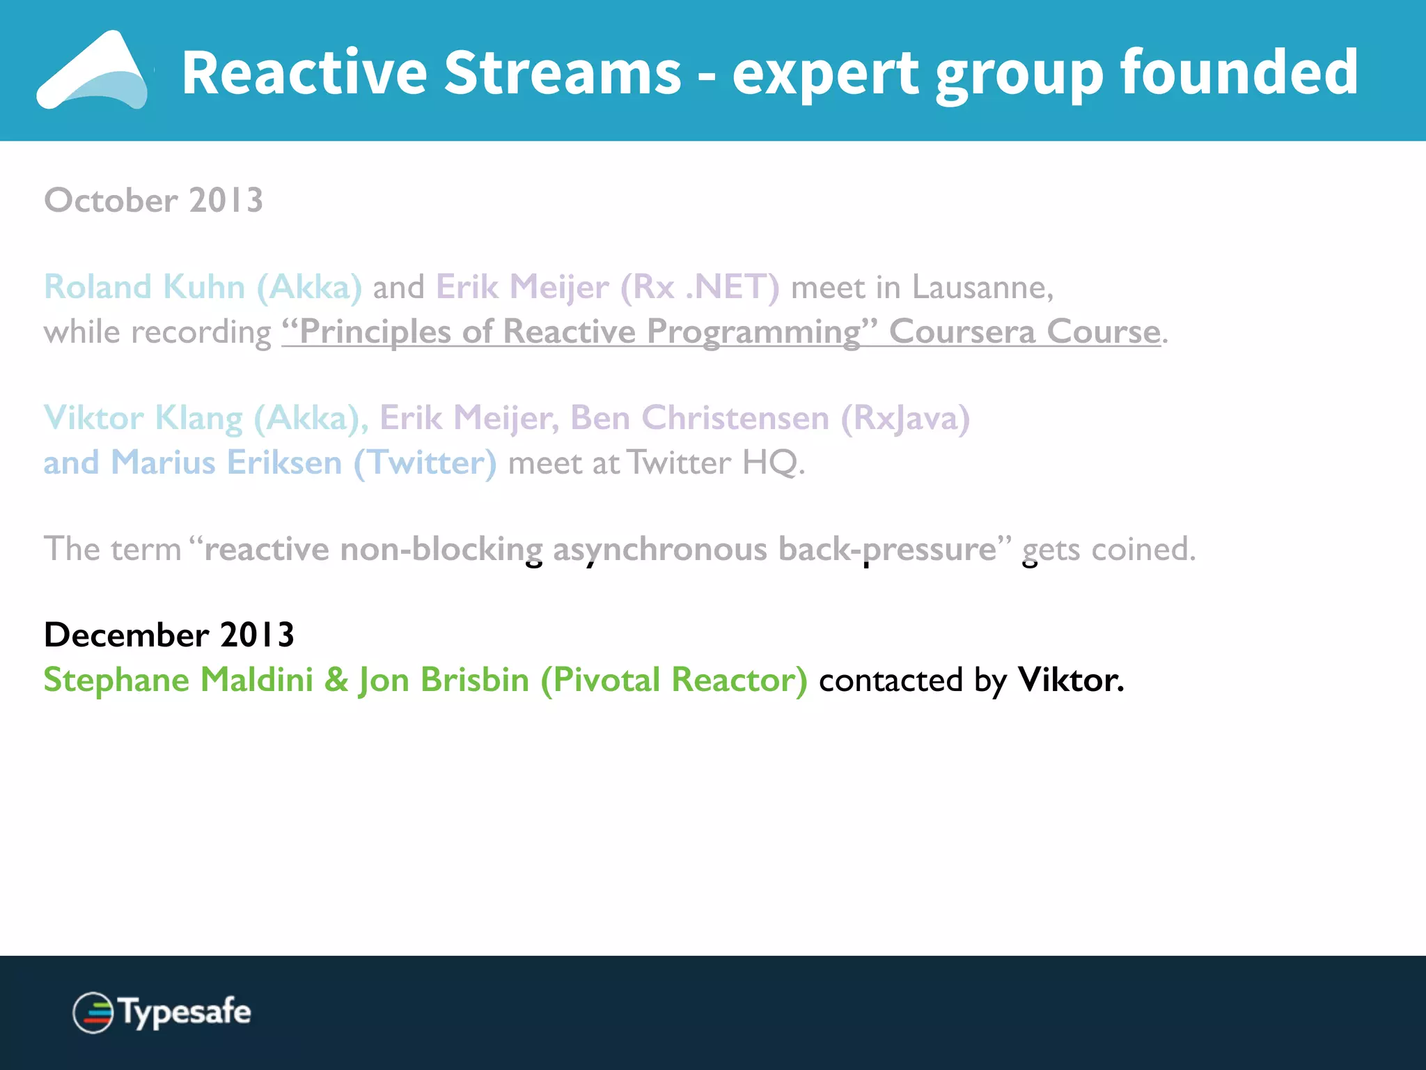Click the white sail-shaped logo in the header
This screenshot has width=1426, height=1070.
pyautogui.click(x=94, y=71)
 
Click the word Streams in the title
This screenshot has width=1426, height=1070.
pyautogui.click(x=563, y=73)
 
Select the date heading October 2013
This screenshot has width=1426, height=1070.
pyautogui.click(x=153, y=201)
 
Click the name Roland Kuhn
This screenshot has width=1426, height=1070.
pyautogui.click(x=144, y=287)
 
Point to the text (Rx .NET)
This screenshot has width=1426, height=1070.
pyautogui.click(x=699, y=287)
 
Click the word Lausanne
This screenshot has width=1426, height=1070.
pyautogui.click(x=982, y=287)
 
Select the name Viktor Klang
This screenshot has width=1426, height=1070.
pyautogui.click(x=143, y=418)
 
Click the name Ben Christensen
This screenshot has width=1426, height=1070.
pyautogui.click(x=699, y=418)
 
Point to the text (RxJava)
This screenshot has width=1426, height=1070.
pyautogui.click(x=904, y=418)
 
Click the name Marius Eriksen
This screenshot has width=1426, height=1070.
pyautogui.click(x=226, y=463)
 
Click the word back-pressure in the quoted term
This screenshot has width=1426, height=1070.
pyautogui.click(x=888, y=549)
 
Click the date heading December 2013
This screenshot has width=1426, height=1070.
pyautogui.click(x=169, y=635)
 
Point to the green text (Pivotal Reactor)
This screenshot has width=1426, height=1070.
pyautogui.click(x=673, y=680)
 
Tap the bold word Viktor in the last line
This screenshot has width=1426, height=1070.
pyautogui.click(x=1069, y=680)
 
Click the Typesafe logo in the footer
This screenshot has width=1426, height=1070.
pyautogui.click(x=162, y=1012)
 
